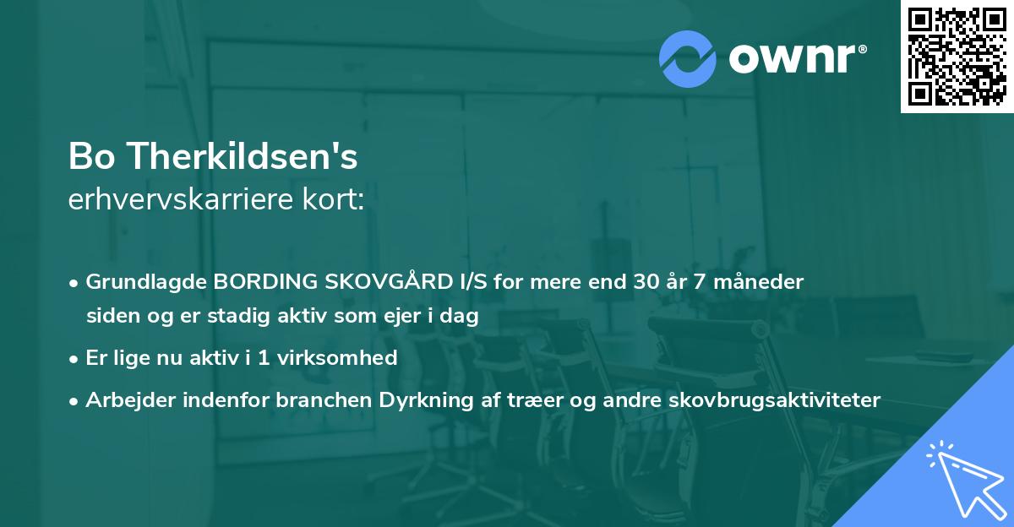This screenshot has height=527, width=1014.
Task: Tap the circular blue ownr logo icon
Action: tap(688, 58)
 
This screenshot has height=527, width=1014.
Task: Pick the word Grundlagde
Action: tap(147, 282)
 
